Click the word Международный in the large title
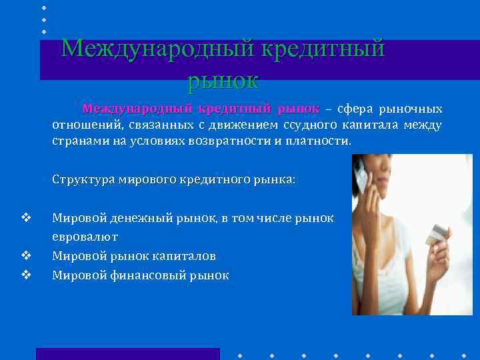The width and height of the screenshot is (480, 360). (155, 49)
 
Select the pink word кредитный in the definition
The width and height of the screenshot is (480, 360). (235, 109)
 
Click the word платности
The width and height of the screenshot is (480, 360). (316, 142)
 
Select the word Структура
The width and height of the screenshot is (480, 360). (84, 180)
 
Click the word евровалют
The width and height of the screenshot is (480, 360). (85, 237)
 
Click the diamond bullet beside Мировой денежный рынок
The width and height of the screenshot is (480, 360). (26, 217)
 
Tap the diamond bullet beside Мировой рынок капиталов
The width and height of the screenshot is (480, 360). (26, 255)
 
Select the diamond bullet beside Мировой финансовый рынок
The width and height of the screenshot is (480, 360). (26, 273)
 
